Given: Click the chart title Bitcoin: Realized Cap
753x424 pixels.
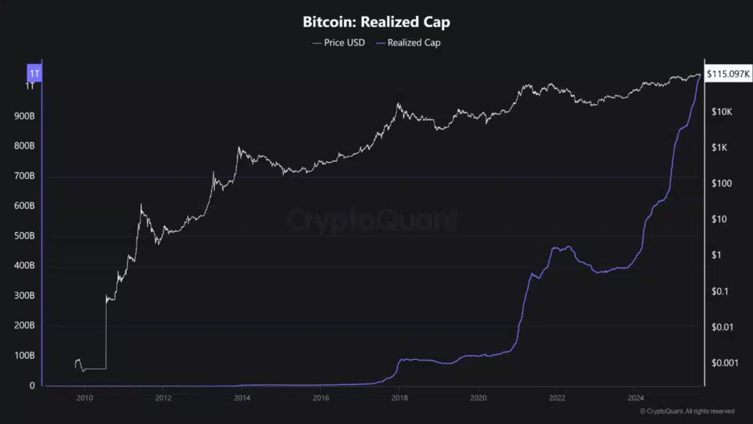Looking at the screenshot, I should pos(376,22).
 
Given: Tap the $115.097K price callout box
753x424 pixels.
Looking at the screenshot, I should pos(727,74).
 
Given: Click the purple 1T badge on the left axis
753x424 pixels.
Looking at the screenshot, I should pos(34,74).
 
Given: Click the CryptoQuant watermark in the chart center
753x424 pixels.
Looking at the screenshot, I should pos(371,219).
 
